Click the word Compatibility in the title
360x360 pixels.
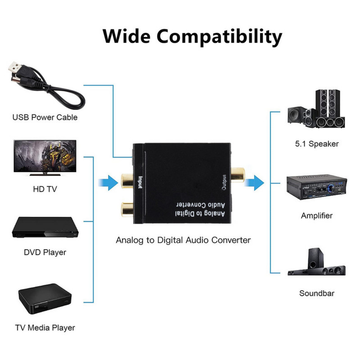coord(220,36)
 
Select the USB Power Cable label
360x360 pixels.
coord(45,117)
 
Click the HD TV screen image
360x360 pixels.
coord(45,157)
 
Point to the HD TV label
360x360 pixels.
coord(45,189)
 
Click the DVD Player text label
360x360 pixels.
coord(45,252)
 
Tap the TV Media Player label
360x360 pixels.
coord(45,328)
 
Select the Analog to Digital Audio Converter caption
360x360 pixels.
coord(183,240)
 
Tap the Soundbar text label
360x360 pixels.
coord(317,293)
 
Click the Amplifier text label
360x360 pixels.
coord(317,216)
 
